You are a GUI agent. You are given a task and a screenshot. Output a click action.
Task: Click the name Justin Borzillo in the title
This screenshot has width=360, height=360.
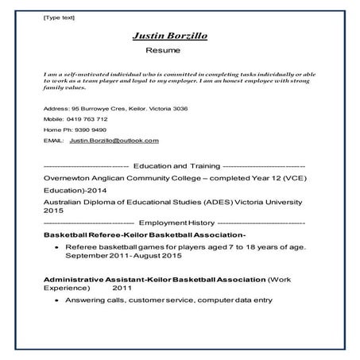(168, 36)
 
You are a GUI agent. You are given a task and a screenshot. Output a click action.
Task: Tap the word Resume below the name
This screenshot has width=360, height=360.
(163, 50)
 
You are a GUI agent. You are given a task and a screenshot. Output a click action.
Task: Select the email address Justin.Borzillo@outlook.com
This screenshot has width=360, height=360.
(114, 140)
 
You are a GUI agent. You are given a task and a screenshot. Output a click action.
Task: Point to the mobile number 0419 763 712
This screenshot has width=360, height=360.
(88, 118)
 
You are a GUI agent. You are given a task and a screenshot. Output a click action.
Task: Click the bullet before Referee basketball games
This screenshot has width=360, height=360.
(55, 248)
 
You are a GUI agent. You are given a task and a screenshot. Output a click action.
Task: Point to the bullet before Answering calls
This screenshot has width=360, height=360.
(55, 300)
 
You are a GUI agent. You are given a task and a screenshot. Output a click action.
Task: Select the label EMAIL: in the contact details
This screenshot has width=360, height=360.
(53, 140)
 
